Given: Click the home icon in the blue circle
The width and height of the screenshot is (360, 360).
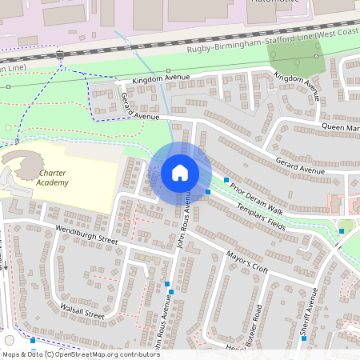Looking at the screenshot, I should (180, 172).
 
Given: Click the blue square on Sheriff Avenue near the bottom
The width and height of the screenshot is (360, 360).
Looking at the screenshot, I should (304, 338).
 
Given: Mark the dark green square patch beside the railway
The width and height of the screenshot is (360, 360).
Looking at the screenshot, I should (294, 55).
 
